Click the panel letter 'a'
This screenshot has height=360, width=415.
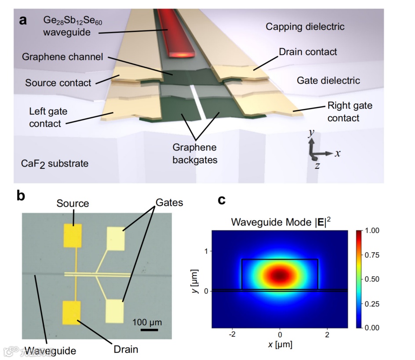point(25,21)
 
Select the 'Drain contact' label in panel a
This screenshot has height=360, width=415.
point(308,52)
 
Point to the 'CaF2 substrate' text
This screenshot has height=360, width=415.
point(55,164)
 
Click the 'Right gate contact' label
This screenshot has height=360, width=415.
point(349,112)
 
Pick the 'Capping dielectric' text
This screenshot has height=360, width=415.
point(305,27)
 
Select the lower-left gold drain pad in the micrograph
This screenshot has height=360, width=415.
point(72,312)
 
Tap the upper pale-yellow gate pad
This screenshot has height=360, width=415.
point(116,238)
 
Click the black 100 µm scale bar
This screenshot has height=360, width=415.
point(149,329)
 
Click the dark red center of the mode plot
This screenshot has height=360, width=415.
point(280,276)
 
